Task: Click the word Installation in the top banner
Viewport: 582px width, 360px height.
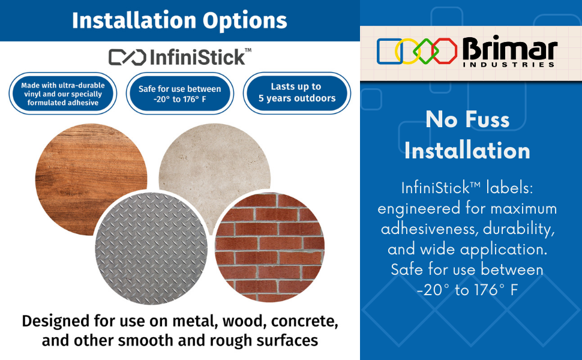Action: [134, 20]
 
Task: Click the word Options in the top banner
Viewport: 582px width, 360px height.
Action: [245, 21]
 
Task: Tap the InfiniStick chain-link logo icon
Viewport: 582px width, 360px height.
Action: [127, 58]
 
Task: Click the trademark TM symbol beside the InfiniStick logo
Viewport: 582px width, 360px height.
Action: [248, 50]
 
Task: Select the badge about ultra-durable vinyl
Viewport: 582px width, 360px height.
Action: [63, 94]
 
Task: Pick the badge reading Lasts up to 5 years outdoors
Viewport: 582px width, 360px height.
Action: [297, 93]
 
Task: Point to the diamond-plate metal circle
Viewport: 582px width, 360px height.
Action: [151, 248]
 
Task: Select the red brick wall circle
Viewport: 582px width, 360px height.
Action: [270, 247]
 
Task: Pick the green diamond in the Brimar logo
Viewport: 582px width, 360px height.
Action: [426, 51]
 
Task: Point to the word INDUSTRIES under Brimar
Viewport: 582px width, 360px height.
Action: [509, 65]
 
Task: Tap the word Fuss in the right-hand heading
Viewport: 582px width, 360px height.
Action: [487, 119]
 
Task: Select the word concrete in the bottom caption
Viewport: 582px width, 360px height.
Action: [305, 322]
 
